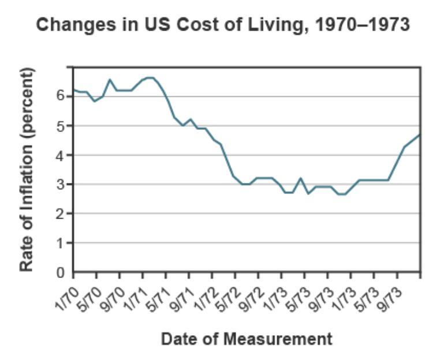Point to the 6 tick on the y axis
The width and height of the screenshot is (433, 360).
coord(61,96)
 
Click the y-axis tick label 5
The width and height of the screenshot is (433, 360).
coord(61,125)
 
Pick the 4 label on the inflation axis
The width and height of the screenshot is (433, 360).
coord(61,155)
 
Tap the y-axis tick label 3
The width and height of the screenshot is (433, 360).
coord(61,184)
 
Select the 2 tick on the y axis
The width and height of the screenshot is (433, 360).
coord(61,213)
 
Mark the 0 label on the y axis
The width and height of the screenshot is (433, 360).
coord(61,272)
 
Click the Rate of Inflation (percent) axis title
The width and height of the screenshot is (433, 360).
coord(27,169)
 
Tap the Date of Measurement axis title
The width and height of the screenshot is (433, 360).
coord(247,339)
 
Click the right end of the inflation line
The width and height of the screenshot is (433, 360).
coord(419,135)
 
